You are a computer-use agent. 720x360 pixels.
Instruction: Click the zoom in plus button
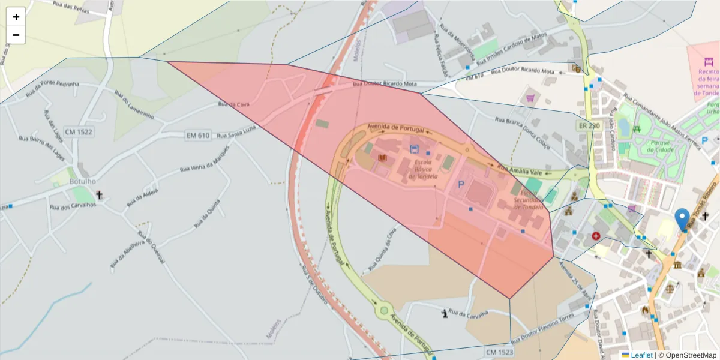16,17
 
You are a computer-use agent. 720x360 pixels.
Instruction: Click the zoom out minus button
16,35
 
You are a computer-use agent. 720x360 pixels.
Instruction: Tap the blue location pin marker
682,219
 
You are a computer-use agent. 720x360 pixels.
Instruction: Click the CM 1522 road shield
79,131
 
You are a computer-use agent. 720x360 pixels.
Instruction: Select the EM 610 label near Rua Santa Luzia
197,136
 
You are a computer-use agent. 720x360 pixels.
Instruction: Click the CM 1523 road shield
499,352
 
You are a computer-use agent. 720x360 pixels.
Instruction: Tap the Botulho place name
83,181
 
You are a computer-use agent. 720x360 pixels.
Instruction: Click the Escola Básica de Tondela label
423,169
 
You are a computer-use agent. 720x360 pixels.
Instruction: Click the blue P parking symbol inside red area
461,185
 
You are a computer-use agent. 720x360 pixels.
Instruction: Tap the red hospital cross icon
596,236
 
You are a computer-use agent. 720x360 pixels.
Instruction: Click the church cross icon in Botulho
100,195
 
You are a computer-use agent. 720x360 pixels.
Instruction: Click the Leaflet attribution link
641,355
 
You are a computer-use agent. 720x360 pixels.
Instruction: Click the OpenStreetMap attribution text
687,355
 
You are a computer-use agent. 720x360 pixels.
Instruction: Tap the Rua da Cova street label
233,104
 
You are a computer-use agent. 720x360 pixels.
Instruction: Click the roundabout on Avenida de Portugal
383,310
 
